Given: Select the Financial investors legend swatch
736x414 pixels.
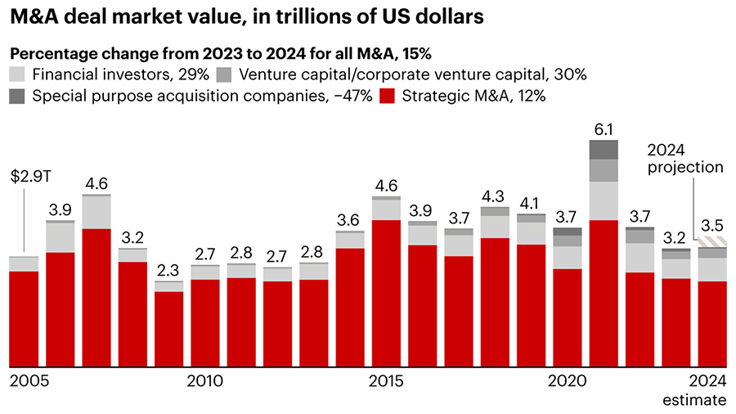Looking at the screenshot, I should (19, 74).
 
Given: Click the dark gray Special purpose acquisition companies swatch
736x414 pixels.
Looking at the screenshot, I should (19, 96).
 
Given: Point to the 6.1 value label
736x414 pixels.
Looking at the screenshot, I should (603, 129).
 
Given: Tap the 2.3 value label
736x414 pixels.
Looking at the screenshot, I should (169, 269).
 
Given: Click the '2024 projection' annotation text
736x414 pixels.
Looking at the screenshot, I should (685, 158).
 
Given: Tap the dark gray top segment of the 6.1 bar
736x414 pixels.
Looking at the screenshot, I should (603, 149).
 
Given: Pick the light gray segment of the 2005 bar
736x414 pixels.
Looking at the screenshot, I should (24, 263).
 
